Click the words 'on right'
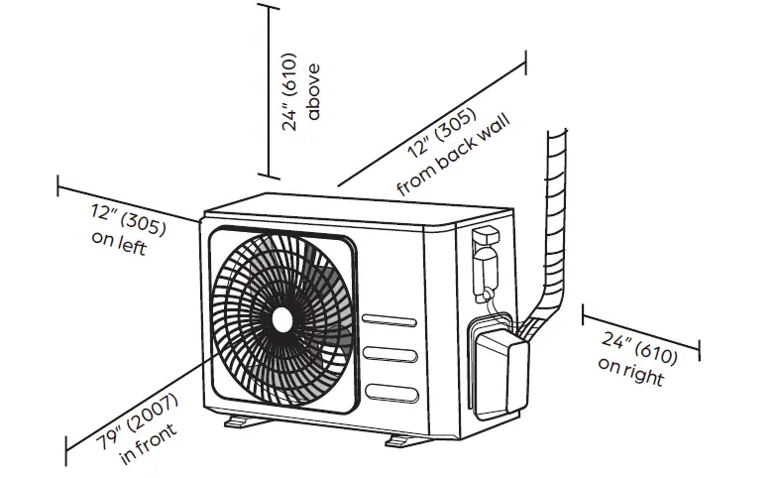coord(630,370)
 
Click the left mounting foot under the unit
coord(239,423)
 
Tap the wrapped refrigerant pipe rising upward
coord(554,218)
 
